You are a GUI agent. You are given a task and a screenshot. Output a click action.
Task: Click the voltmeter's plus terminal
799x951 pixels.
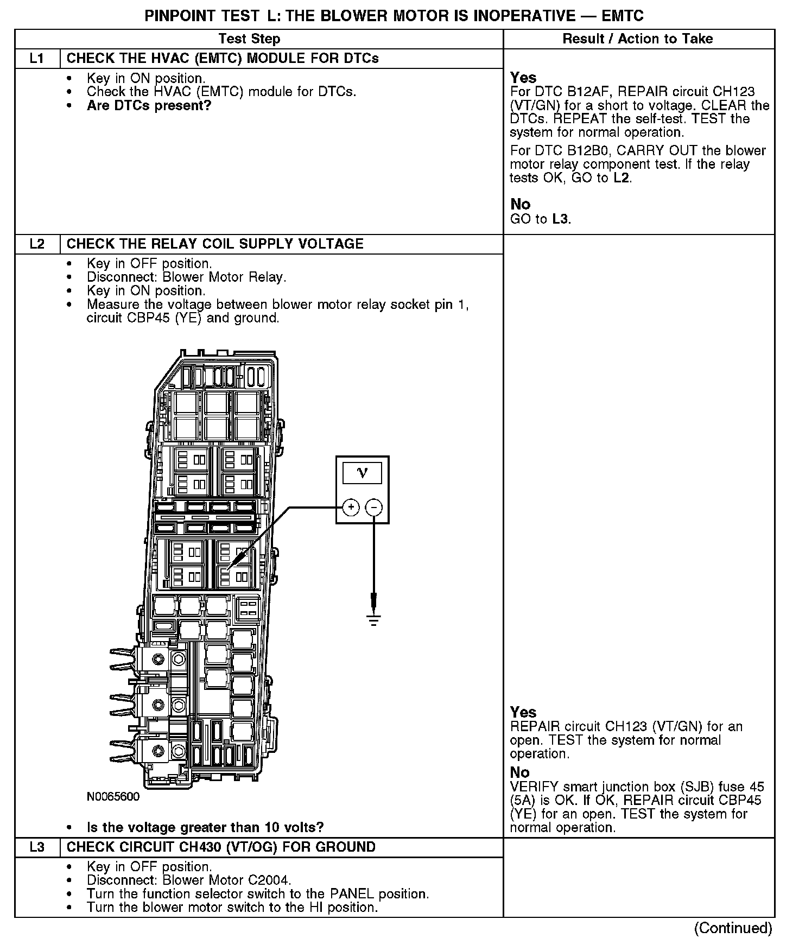pos(351,508)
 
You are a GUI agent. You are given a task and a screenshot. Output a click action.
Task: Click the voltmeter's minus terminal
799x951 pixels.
pos(374,508)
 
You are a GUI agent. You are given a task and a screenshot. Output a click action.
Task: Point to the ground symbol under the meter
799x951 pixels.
pos(374,619)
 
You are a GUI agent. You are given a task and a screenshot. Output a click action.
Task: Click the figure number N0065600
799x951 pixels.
pos(113,797)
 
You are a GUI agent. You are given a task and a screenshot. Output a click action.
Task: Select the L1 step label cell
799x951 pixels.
pos(37,59)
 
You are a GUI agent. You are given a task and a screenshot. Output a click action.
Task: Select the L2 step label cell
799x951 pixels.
pos(37,244)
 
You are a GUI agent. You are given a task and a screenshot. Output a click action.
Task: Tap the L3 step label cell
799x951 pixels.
pos(37,847)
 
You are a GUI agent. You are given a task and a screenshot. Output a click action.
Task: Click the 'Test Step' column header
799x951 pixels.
pos(249,39)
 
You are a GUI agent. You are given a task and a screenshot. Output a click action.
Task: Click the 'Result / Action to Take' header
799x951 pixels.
pos(637,39)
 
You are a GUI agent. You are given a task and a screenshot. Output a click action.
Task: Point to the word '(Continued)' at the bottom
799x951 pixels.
pos(733,928)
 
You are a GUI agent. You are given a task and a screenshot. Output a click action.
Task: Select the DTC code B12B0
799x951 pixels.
pos(581,151)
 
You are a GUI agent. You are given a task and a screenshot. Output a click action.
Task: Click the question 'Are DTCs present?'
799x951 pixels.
pos(149,105)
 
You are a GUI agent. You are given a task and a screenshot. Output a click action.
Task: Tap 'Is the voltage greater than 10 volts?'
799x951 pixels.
pos(205,827)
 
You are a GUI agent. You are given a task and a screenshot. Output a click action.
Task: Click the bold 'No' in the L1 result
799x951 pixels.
pos(520,204)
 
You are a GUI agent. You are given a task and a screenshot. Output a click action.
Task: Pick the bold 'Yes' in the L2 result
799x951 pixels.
pos(523,712)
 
